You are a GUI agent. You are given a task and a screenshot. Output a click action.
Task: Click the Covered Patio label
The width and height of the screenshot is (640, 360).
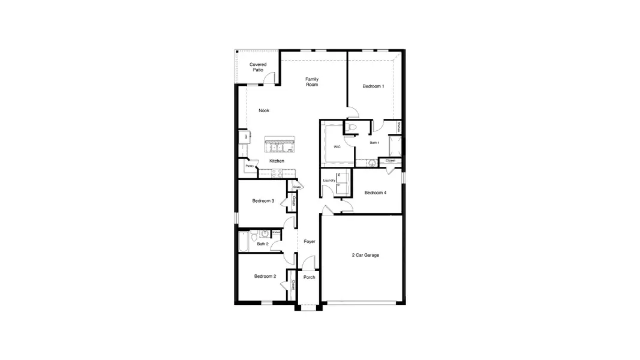pyautogui.click(x=258, y=67)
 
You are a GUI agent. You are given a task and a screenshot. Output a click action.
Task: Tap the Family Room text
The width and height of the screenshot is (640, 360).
pyautogui.click(x=311, y=82)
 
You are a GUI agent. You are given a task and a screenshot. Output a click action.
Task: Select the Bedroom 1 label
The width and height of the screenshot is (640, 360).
pyautogui.click(x=373, y=86)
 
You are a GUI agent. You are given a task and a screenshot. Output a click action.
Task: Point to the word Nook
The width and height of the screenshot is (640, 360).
pyautogui.click(x=264, y=110)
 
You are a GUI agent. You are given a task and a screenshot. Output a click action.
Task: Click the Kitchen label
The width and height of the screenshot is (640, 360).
pyautogui.click(x=277, y=161)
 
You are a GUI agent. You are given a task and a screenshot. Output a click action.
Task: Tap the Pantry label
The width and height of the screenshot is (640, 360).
pyautogui.click(x=249, y=166)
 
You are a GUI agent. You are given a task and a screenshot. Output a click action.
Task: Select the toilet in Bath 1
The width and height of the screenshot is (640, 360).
pyautogui.click(x=351, y=127)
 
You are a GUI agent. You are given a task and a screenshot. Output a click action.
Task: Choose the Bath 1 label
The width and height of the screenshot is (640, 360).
pyautogui.click(x=374, y=143)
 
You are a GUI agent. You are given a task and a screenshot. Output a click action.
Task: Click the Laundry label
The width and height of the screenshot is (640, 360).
pyautogui.click(x=329, y=180)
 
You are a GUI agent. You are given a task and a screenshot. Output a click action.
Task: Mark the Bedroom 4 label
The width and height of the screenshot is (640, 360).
pyautogui.click(x=375, y=193)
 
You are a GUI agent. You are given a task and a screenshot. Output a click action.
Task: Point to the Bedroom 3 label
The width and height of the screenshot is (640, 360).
pyautogui.click(x=263, y=201)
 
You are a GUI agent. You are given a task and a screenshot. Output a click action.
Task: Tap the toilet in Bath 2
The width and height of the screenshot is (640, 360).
pyautogui.click(x=254, y=234)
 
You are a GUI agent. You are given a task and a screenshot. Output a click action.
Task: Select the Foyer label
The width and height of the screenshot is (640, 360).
pyautogui.click(x=310, y=241)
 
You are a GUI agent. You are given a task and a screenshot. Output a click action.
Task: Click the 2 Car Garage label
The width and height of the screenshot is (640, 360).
pyautogui.click(x=365, y=255)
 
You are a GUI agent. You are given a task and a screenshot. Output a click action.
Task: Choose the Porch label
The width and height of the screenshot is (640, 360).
pyautogui.click(x=309, y=277)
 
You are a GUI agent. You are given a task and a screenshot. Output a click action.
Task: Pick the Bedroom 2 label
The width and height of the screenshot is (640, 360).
pyautogui.click(x=265, y=276)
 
